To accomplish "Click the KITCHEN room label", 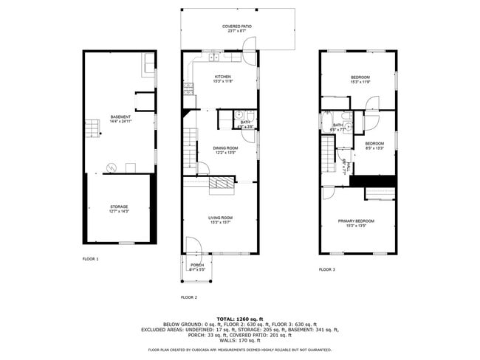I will pos(223,77).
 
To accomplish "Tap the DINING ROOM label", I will pos(225,148).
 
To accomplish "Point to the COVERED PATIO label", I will pos(236,27).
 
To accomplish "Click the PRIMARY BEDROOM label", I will pos(356,221).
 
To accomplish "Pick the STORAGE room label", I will pos(120,207).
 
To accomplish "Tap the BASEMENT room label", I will pos(120,117).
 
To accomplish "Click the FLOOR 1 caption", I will pos(90,259).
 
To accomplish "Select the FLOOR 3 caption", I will pos(327,270).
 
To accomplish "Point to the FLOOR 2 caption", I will pos(189,297).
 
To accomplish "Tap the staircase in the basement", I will pos(92,131).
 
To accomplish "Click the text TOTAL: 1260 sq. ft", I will pos(239,318).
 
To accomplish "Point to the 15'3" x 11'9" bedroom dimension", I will pos(360,82).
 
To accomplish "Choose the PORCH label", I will pos(197,265).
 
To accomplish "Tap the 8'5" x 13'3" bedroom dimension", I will pos(374,148).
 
